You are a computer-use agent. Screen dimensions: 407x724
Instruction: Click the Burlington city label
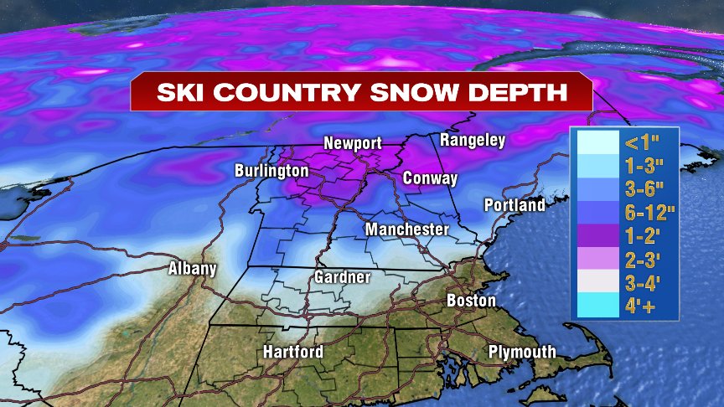coord(271,171)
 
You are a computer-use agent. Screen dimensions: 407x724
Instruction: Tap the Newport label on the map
coord(353,144)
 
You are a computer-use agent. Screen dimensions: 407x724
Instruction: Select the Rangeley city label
coord(473,140)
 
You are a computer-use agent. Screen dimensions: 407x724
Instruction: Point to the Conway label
coord(430,178)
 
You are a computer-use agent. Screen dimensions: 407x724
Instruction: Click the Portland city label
coord(515,205)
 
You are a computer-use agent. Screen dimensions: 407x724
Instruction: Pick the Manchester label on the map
coord(406,229)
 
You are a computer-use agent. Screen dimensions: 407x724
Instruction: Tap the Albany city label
coord(192,269)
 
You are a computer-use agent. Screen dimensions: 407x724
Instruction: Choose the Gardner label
coord(342,277)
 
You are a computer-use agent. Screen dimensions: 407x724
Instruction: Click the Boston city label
coord(471,300)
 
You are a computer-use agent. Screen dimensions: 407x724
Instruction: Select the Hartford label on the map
coord(292,352)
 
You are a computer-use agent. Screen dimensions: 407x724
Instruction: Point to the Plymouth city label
coord(521,352)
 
